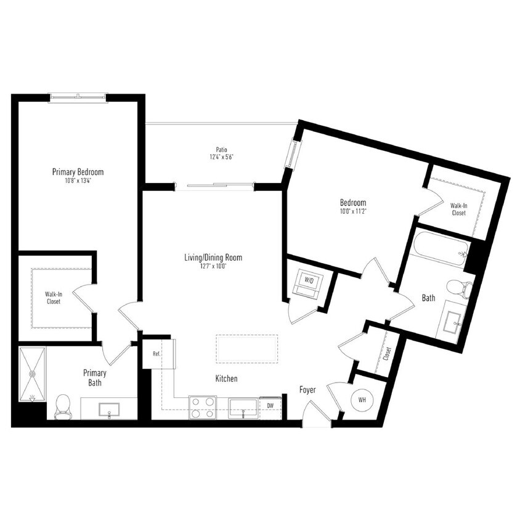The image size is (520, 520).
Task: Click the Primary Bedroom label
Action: (78, 172)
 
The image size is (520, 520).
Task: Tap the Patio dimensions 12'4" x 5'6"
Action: (221, 157)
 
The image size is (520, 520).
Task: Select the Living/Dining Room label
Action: (213, 258)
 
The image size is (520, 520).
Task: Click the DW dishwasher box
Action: (270, 406)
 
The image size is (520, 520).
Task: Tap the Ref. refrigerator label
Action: (156, 354)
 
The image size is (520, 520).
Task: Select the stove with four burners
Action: (203, 407)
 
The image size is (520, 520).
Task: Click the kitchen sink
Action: (243, 408)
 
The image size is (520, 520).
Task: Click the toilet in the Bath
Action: (458, 288)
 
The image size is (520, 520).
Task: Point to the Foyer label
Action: (307, 390)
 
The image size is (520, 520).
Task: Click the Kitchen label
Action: (226, 378)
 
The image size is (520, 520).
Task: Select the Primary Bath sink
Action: (108, 408)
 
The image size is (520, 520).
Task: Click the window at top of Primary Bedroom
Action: (78, 96)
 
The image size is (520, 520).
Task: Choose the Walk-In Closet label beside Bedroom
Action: (458, 209)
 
